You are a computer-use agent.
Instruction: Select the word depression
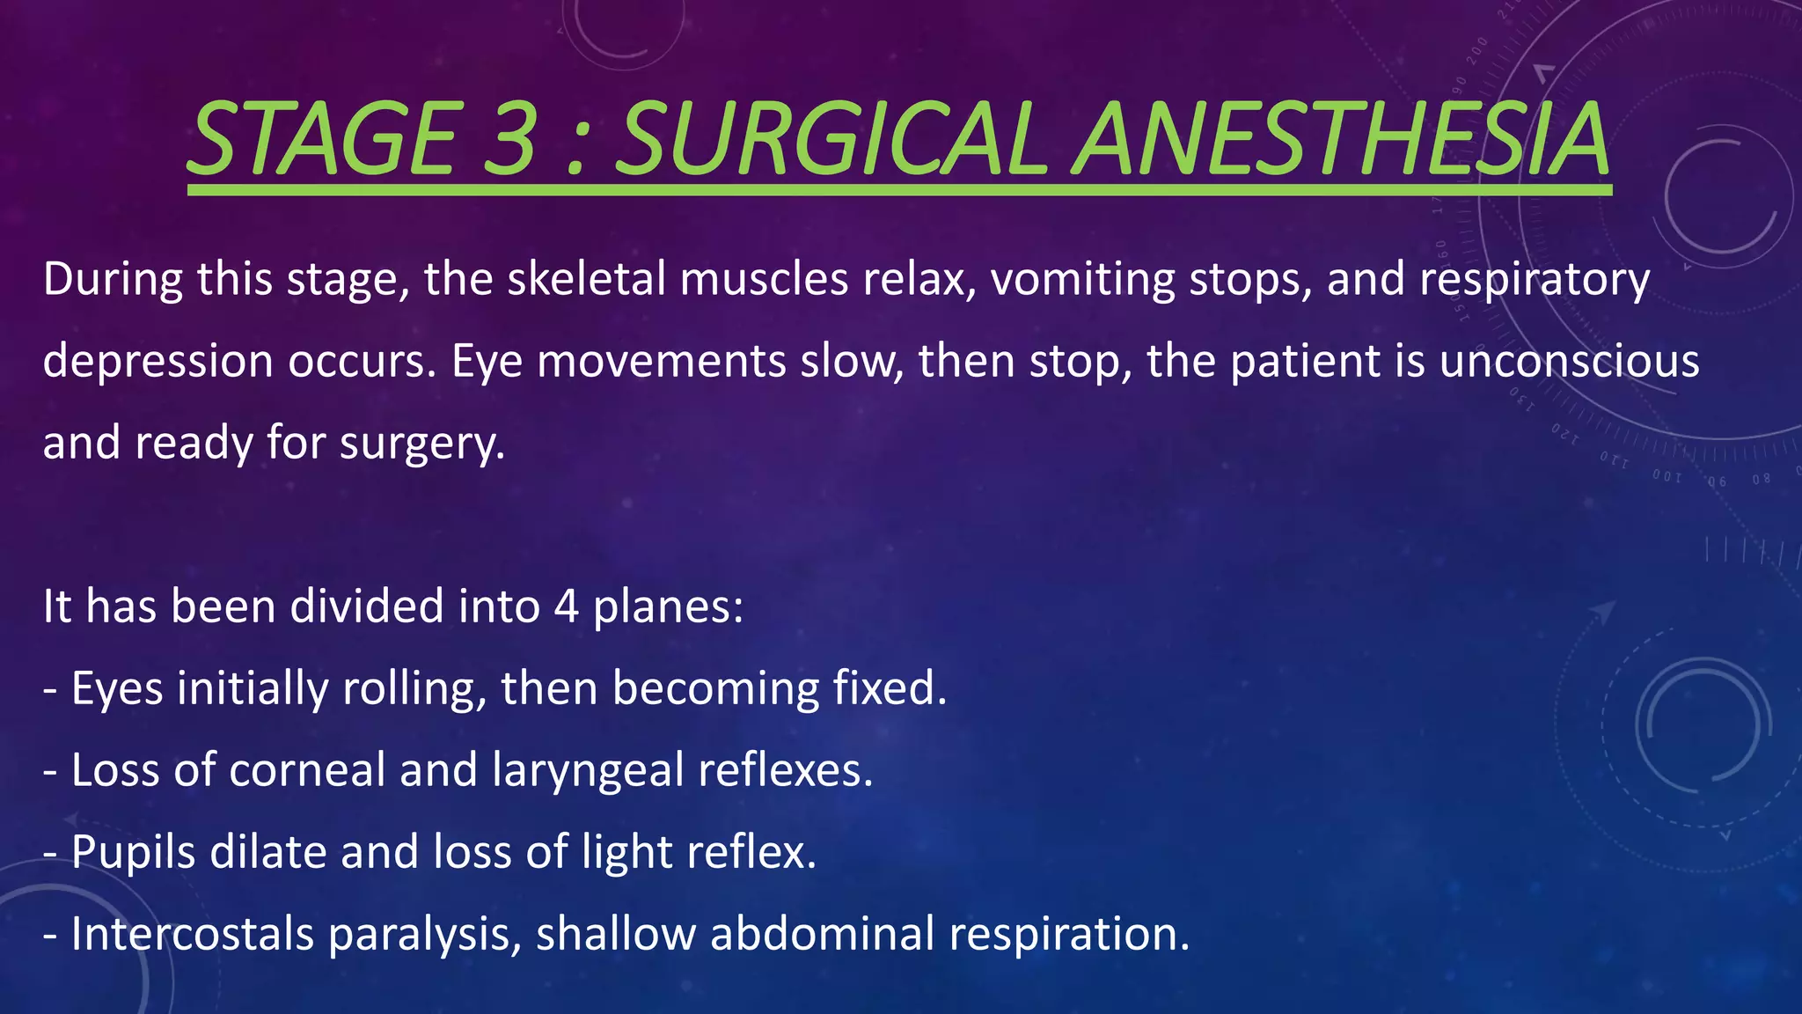click(157, 361)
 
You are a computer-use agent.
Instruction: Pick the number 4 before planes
click(567, 606)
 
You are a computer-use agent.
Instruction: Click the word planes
click(668, 608)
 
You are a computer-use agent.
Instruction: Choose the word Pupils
click(133, 853)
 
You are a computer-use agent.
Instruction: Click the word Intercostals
click(192, 934)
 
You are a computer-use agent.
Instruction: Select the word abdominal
click(822, 934)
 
